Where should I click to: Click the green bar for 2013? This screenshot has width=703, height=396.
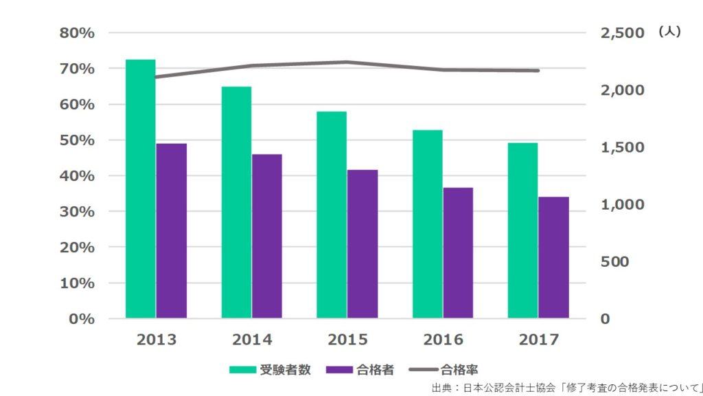coord(141,189)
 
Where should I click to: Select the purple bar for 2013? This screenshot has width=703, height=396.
coord(172,231)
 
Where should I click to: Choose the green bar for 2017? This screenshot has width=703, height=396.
coord(522,230)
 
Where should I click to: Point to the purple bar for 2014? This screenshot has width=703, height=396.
coord(267,236)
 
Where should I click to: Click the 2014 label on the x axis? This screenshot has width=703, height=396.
coord(252,340)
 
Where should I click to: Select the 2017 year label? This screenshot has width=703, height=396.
coord(539,340)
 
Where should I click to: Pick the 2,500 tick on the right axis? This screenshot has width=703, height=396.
coord(623,33)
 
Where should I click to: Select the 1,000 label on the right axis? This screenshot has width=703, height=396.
coord(623,205)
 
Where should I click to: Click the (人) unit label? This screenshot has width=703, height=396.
coord(669,32)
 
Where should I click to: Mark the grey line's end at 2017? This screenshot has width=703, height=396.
coord(538,70)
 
